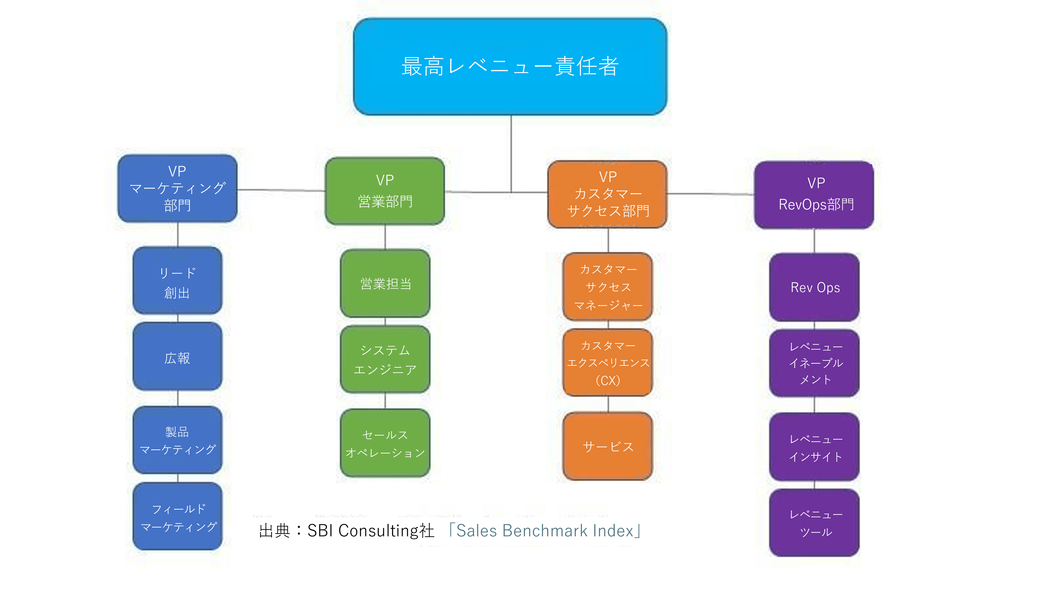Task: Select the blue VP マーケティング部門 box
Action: tap(177, 188)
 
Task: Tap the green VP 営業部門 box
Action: tap(385, 191)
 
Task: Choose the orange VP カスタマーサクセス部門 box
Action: tap(607, 194)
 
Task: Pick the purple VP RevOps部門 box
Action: tap(814, 195)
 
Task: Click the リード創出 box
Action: tap(177, 281)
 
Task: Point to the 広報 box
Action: tap(177, 357)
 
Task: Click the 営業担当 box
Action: tap(385, 283)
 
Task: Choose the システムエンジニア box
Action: tap(385, 359)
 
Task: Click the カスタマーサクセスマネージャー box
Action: tap(607, 287)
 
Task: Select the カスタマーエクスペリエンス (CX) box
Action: tap(607, 362)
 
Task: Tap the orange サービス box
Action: tap(607, 446)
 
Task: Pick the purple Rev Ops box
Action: tap(814, 287)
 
